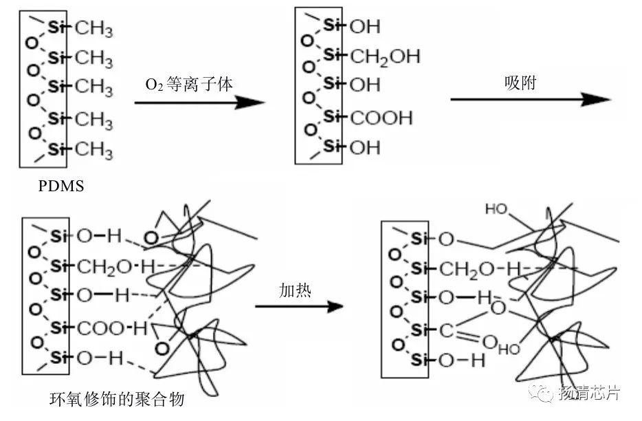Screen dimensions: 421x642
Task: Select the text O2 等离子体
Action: (189, 85)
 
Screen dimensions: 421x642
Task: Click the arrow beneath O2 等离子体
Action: (199, 103)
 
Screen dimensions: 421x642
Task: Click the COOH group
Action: (381, 118)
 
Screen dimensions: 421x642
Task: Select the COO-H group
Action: (113, 328)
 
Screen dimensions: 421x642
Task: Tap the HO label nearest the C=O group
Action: (509, 349)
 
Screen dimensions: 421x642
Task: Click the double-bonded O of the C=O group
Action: (489, 341)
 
